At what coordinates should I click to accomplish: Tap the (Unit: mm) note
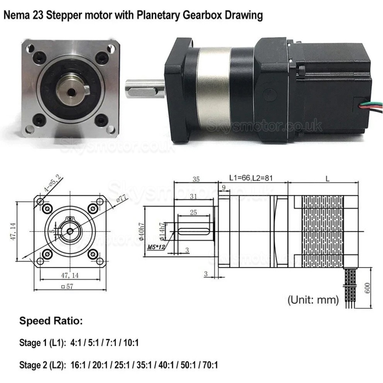[x=313, y=299]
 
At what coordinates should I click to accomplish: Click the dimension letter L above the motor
[x=327, y=179]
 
